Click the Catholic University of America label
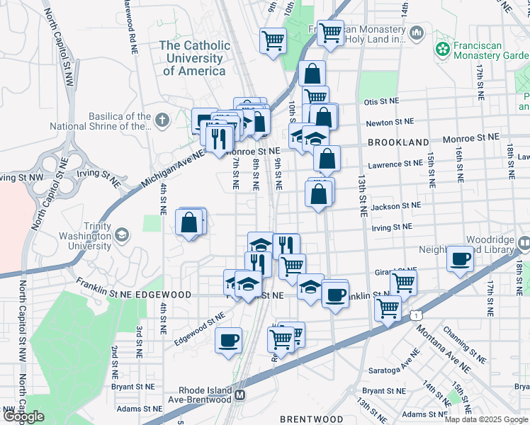(x=195, y=58)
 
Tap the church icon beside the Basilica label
(x=162, y=119)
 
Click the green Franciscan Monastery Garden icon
(x=443, y=49)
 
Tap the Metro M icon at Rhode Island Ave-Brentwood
(x=241, y=395)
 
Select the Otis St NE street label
(x=383, y=102)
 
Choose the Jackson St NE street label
(x=397, y=205)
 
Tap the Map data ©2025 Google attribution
(x=487, y=419)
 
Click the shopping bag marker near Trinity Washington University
(x=190, y=222)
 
